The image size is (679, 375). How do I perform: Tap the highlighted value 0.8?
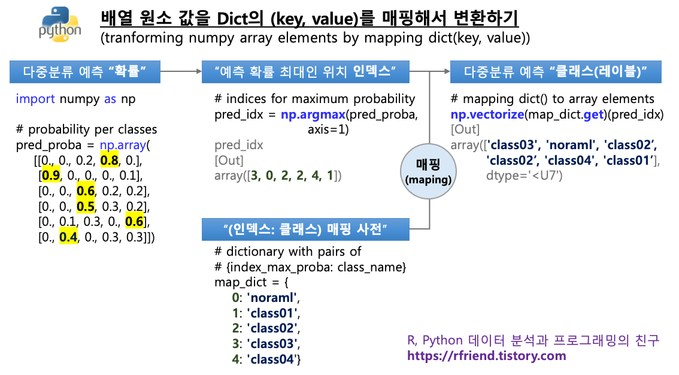click(x=109, y=161)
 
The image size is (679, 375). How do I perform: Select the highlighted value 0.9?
click(x=49, y=176)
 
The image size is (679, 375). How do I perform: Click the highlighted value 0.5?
click(x=86, y=207)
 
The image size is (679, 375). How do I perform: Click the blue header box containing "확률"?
click(x=85, y=73)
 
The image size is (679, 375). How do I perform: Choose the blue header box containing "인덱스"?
click(x=306, y=73)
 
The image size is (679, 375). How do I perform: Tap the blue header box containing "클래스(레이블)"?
click(x=556, y=73)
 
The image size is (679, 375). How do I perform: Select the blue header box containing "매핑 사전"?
click(x=306, y=229)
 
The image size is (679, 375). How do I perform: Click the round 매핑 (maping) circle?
click(x=428, y=170)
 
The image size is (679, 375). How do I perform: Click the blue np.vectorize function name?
click(x=487, y=114)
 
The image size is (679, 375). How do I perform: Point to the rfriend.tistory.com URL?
click(x=486, y=356)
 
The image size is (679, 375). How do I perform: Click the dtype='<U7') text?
click(x=523, y=176)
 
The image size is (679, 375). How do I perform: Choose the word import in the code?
click(x=35, y=99)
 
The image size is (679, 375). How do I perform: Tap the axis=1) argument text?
click(x=328, y=129)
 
